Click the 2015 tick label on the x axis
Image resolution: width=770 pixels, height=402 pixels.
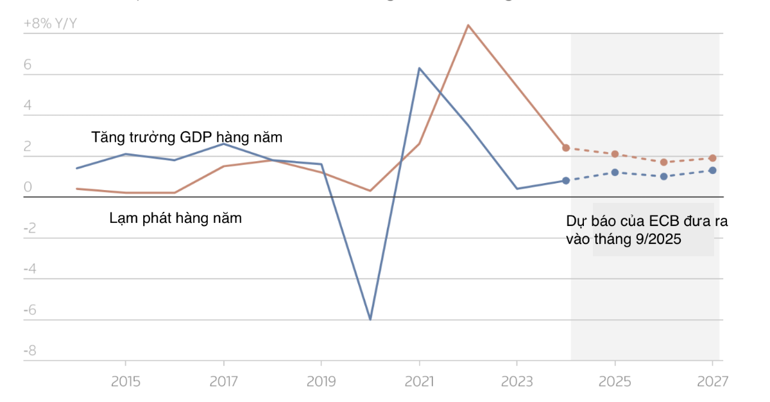coord(125,381)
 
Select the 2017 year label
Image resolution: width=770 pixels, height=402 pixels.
coord(223,381)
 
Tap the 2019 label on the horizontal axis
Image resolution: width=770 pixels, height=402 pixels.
coord(321,381)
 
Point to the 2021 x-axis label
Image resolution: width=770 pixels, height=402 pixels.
coord(419,381)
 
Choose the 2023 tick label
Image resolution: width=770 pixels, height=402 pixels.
coord(517,381)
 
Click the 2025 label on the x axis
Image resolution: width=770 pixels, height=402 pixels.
coord(615,381)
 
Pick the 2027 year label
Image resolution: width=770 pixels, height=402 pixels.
coord(712,381)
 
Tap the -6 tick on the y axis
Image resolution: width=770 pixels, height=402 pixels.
coord(30,310)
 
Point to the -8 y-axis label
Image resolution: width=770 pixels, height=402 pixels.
coord(30,351)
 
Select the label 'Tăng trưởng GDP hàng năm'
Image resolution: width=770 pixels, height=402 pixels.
coord(187,137)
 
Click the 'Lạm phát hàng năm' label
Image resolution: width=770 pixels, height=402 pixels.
coord(176,218)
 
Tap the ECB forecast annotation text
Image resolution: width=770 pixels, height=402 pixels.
coord(646,229)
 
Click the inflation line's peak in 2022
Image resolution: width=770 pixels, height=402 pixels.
coord(468,25)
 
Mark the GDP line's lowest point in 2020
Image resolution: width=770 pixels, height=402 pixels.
coord(370,319)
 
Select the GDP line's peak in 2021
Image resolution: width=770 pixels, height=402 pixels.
coord(419,68)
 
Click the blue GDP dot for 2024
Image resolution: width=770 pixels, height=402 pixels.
coord(566,180)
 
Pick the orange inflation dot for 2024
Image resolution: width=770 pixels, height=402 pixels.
coord(566,148)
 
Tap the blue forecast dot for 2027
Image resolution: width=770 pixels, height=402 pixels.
coord(712,170)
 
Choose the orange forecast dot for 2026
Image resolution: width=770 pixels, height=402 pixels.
coord(663,162)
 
